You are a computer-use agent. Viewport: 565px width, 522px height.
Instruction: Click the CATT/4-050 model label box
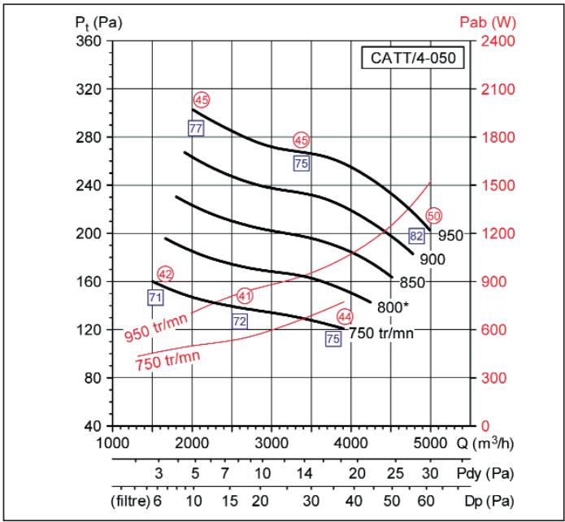414,59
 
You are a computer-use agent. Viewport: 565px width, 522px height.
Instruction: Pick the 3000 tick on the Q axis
272,443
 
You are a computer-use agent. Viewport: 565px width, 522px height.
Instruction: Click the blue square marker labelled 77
195,128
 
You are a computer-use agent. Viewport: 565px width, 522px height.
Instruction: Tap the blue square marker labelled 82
416,236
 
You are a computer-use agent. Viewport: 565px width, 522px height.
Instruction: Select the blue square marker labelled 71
155,298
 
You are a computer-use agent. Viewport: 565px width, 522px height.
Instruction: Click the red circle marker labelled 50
433,215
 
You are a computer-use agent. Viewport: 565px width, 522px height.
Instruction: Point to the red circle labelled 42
166,274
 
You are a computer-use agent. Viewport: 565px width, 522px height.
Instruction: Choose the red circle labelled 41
245,294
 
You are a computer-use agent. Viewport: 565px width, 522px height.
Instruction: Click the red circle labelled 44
345,315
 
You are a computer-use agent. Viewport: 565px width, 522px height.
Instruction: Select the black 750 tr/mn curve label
383,333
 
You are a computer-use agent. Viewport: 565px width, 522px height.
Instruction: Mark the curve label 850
413,282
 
